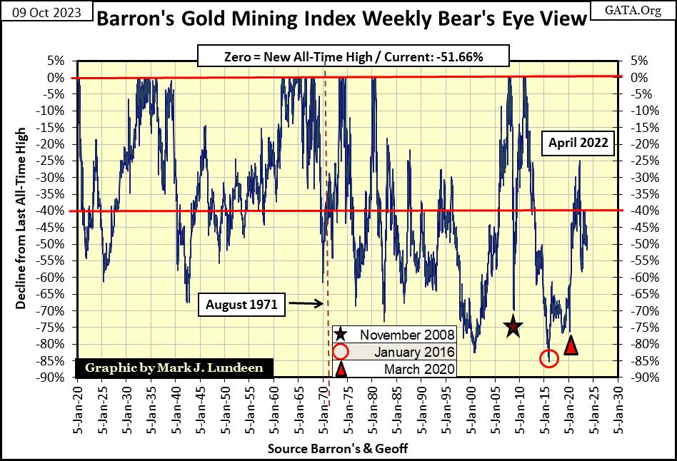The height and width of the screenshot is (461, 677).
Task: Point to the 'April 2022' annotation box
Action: pyautogui.click(x=578, y=143)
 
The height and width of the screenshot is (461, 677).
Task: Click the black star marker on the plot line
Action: pyautogui.click(x=513, y=327)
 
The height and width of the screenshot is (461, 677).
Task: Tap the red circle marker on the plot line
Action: pyautogui.click(x=548, y=358)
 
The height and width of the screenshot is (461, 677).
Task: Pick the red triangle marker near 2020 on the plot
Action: pyautogui.click(x=571, y=345)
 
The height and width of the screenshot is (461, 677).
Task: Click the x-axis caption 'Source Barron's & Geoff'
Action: pyautogui.click(x=337, y=449)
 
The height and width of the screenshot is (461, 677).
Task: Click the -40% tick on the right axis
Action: pyautogui.click(x=637, y=211)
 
